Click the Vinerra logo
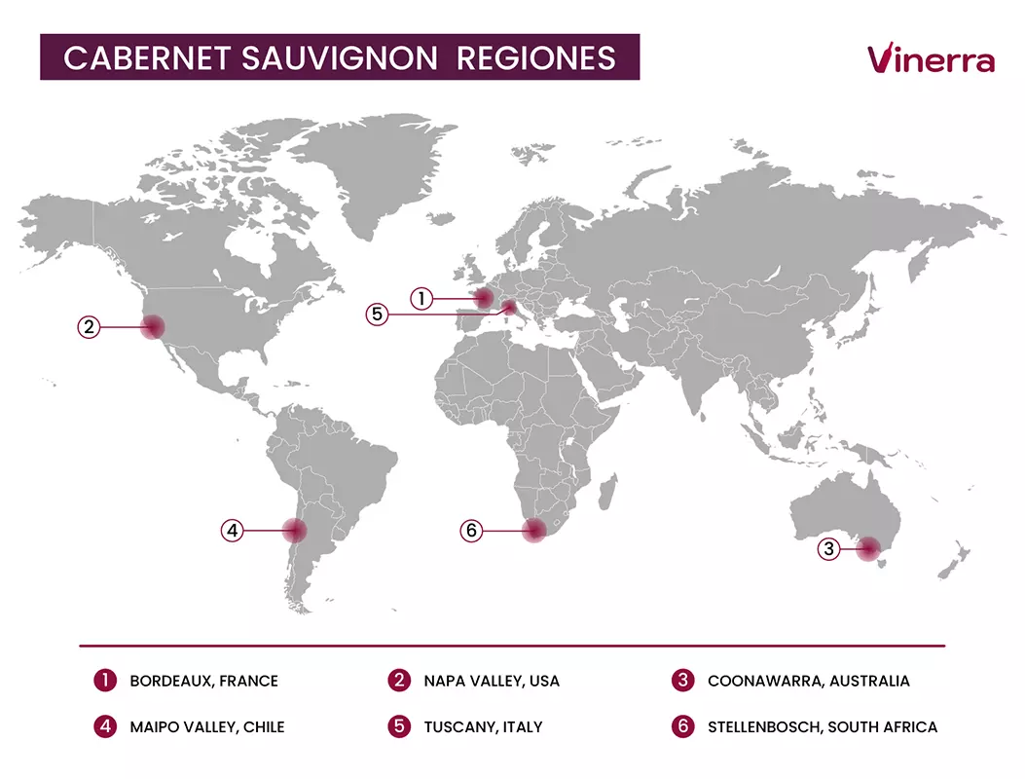(930, 58)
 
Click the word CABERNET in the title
(147, 57)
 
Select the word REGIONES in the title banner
(535, 57)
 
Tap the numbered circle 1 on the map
(421, 299)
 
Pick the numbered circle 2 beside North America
(89, 327)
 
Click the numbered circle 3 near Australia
(828, 549)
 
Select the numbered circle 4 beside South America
(231, 531)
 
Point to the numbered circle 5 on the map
(378, 315)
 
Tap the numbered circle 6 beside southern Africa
(471, 531)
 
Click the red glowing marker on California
(153, 326)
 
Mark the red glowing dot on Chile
(294, 531)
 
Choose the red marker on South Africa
(533, 531)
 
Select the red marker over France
(481, 298)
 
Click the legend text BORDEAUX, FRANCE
(203, 681)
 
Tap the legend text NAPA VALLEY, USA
(492, 681)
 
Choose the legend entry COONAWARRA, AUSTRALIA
(808, 681)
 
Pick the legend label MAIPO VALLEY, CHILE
(207, 726)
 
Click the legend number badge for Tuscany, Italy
(399, 726)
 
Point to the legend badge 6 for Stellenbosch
(683, 726)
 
